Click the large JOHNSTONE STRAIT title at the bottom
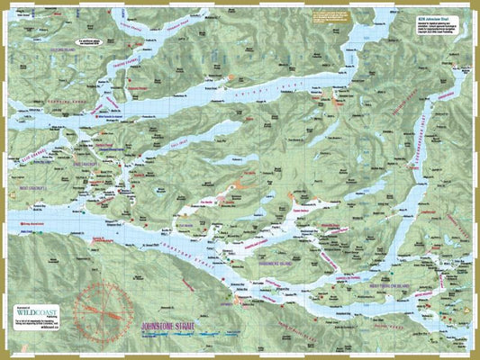click(180, 320)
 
